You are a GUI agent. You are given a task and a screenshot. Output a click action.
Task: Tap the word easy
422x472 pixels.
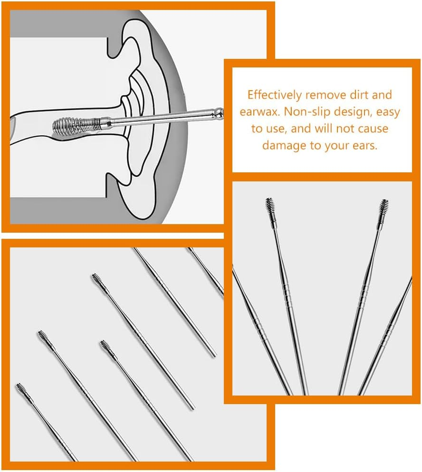coord(389,112)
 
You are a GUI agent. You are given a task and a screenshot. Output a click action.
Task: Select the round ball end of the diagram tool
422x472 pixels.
coord(218,113)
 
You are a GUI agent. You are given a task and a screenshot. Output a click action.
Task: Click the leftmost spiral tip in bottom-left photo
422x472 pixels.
coord(21,390)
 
